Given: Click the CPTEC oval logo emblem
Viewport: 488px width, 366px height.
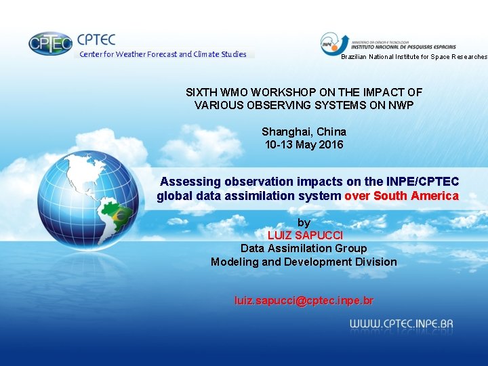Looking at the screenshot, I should [50, 44].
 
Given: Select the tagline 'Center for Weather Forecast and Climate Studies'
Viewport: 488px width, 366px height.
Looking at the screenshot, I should [163, 54].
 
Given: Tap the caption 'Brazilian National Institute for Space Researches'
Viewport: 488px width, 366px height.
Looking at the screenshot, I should [413, 57].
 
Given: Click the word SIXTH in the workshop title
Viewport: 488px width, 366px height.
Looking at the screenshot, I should [202, 92].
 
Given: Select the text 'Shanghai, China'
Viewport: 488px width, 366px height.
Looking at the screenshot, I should [304, 131].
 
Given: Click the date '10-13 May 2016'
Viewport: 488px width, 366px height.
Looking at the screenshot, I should [304, 144].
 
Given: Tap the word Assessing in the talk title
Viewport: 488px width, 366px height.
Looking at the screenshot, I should [190, 182].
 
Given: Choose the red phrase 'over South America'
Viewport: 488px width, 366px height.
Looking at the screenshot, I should [401, 196].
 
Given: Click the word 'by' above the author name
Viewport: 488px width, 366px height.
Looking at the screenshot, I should [304, 222].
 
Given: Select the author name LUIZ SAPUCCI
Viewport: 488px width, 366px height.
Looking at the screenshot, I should [305, 235].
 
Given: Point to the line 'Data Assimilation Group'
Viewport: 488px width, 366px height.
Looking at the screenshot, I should [304, 248].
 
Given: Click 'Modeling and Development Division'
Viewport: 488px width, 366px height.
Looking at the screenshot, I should [304, 262].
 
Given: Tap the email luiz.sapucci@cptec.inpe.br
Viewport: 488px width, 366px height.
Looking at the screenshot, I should [304, 300].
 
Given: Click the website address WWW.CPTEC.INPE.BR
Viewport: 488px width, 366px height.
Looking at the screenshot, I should [401, 324].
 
